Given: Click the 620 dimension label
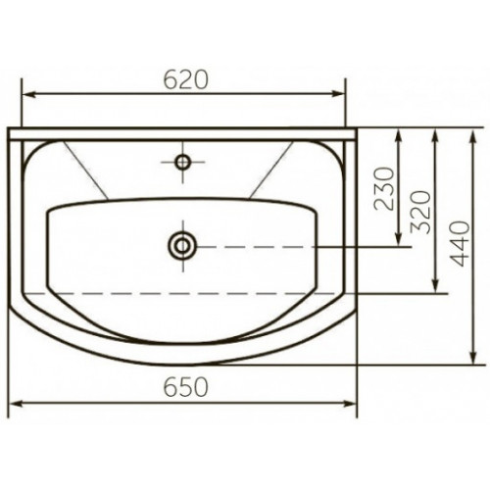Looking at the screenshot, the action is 185,79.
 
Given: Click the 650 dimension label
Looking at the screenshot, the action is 185,387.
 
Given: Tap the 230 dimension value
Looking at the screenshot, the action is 384,188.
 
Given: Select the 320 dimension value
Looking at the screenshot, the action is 421,212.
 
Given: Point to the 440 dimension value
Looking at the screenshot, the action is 460,243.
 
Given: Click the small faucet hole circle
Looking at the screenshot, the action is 182,162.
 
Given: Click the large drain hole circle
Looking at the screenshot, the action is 182,246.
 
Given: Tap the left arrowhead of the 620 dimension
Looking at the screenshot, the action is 28,94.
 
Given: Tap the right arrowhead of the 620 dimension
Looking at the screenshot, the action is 338,94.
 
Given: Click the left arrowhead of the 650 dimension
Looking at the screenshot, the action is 16,404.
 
